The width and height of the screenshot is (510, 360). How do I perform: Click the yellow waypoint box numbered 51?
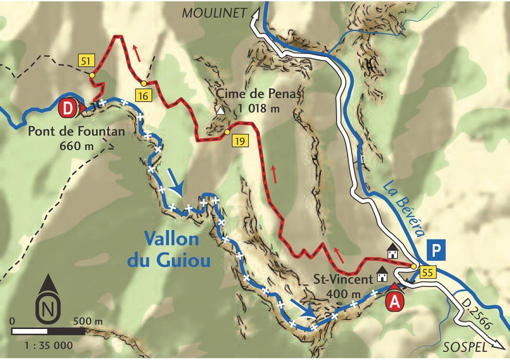[85, 60]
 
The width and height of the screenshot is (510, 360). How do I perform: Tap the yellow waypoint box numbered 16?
[143, 95]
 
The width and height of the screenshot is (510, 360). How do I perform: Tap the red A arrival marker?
[395, 302]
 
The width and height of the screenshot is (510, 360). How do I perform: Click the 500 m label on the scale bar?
[88, 322]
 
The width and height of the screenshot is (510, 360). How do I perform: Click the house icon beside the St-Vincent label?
[383, 276]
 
